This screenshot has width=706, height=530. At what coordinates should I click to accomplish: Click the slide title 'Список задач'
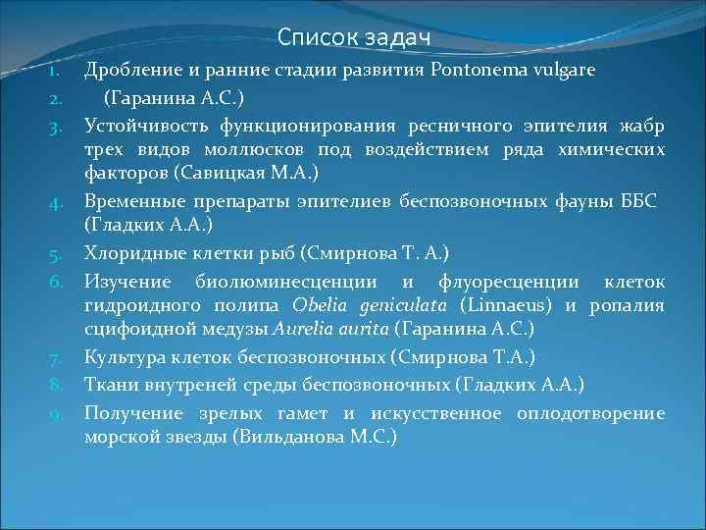pos(354,37)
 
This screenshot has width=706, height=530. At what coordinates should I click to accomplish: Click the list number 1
pos(57,72)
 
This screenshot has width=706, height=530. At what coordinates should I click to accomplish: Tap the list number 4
pos(57,202)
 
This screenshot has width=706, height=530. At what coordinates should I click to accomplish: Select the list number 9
pos(57,412)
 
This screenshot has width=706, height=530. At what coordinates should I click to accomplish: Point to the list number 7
pos(57,357)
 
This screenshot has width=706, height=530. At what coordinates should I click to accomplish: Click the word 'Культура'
pos(123,356)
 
